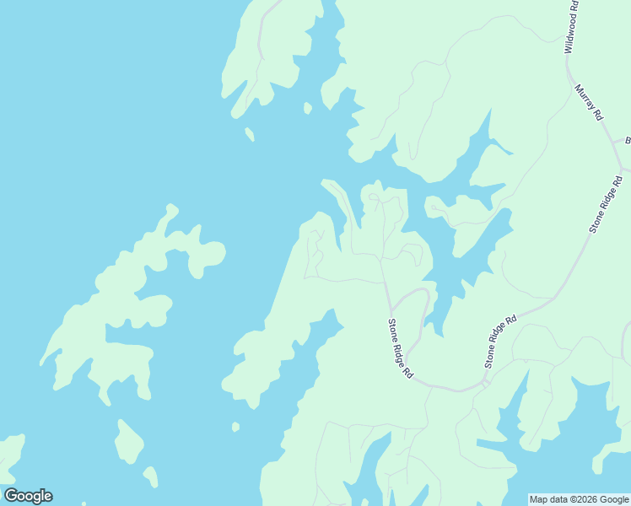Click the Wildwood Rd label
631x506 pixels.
pos(571,27)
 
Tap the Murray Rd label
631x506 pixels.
pos(590,102)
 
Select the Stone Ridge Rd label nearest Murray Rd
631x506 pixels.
pos(607,203)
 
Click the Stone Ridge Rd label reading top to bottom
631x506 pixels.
pos(400,347)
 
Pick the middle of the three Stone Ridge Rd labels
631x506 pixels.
pos(500,342)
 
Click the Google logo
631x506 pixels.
pos(28,496)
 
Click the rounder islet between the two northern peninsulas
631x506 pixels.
pos(308,108)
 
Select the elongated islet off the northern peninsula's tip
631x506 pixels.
pos(250,134)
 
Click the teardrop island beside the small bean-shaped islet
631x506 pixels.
pos(128,441)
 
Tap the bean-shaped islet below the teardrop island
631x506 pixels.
pos(150,476)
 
